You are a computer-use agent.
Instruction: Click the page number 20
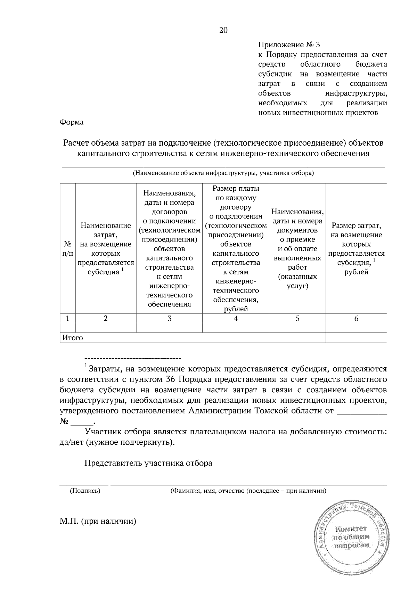[223, 30]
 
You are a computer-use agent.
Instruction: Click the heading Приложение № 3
[289, 45]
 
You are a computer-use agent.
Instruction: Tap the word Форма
[72, 122]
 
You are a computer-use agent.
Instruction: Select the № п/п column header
[67, 249]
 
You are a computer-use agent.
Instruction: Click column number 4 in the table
[236, 318]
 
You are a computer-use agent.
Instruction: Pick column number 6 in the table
[356, 318]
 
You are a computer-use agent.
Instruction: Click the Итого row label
[73, 338]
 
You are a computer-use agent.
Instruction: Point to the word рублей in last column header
[356, 272]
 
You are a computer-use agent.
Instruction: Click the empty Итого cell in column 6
[356, 338]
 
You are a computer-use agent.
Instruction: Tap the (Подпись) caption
[85, 491]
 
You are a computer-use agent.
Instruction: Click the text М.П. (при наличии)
[98, 522]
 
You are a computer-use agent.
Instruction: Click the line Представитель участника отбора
[148, 463]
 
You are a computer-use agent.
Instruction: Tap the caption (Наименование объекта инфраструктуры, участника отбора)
[223, 173]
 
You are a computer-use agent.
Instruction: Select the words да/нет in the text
[71, 443]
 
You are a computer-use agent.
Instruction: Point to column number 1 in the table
[67, 318]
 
